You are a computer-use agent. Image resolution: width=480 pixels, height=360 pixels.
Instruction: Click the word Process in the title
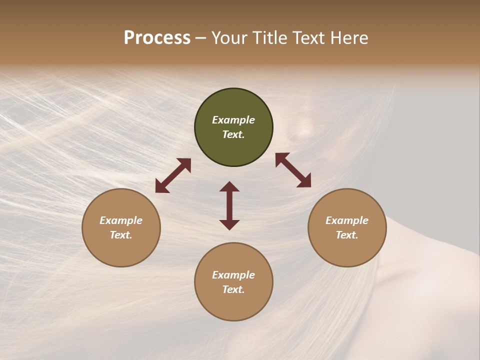[157, 38]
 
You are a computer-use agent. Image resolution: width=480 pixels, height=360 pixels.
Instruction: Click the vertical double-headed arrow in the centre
[229, 205]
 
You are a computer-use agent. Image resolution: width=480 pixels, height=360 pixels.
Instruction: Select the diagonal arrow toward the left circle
[173, 175]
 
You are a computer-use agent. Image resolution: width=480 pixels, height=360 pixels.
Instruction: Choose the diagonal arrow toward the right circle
[293, 170]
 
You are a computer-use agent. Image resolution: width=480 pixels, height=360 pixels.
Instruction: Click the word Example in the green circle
[233, 120]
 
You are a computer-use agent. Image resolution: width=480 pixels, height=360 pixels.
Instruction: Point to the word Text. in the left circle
[121, 235]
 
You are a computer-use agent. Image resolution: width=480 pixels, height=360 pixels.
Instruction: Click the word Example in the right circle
[347, 220]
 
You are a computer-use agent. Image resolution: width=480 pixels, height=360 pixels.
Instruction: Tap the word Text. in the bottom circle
[233, 289]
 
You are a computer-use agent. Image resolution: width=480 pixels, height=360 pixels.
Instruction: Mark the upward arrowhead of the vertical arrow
[229, 186]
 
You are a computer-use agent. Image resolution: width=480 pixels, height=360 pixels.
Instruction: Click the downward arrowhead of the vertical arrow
[229, 224]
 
